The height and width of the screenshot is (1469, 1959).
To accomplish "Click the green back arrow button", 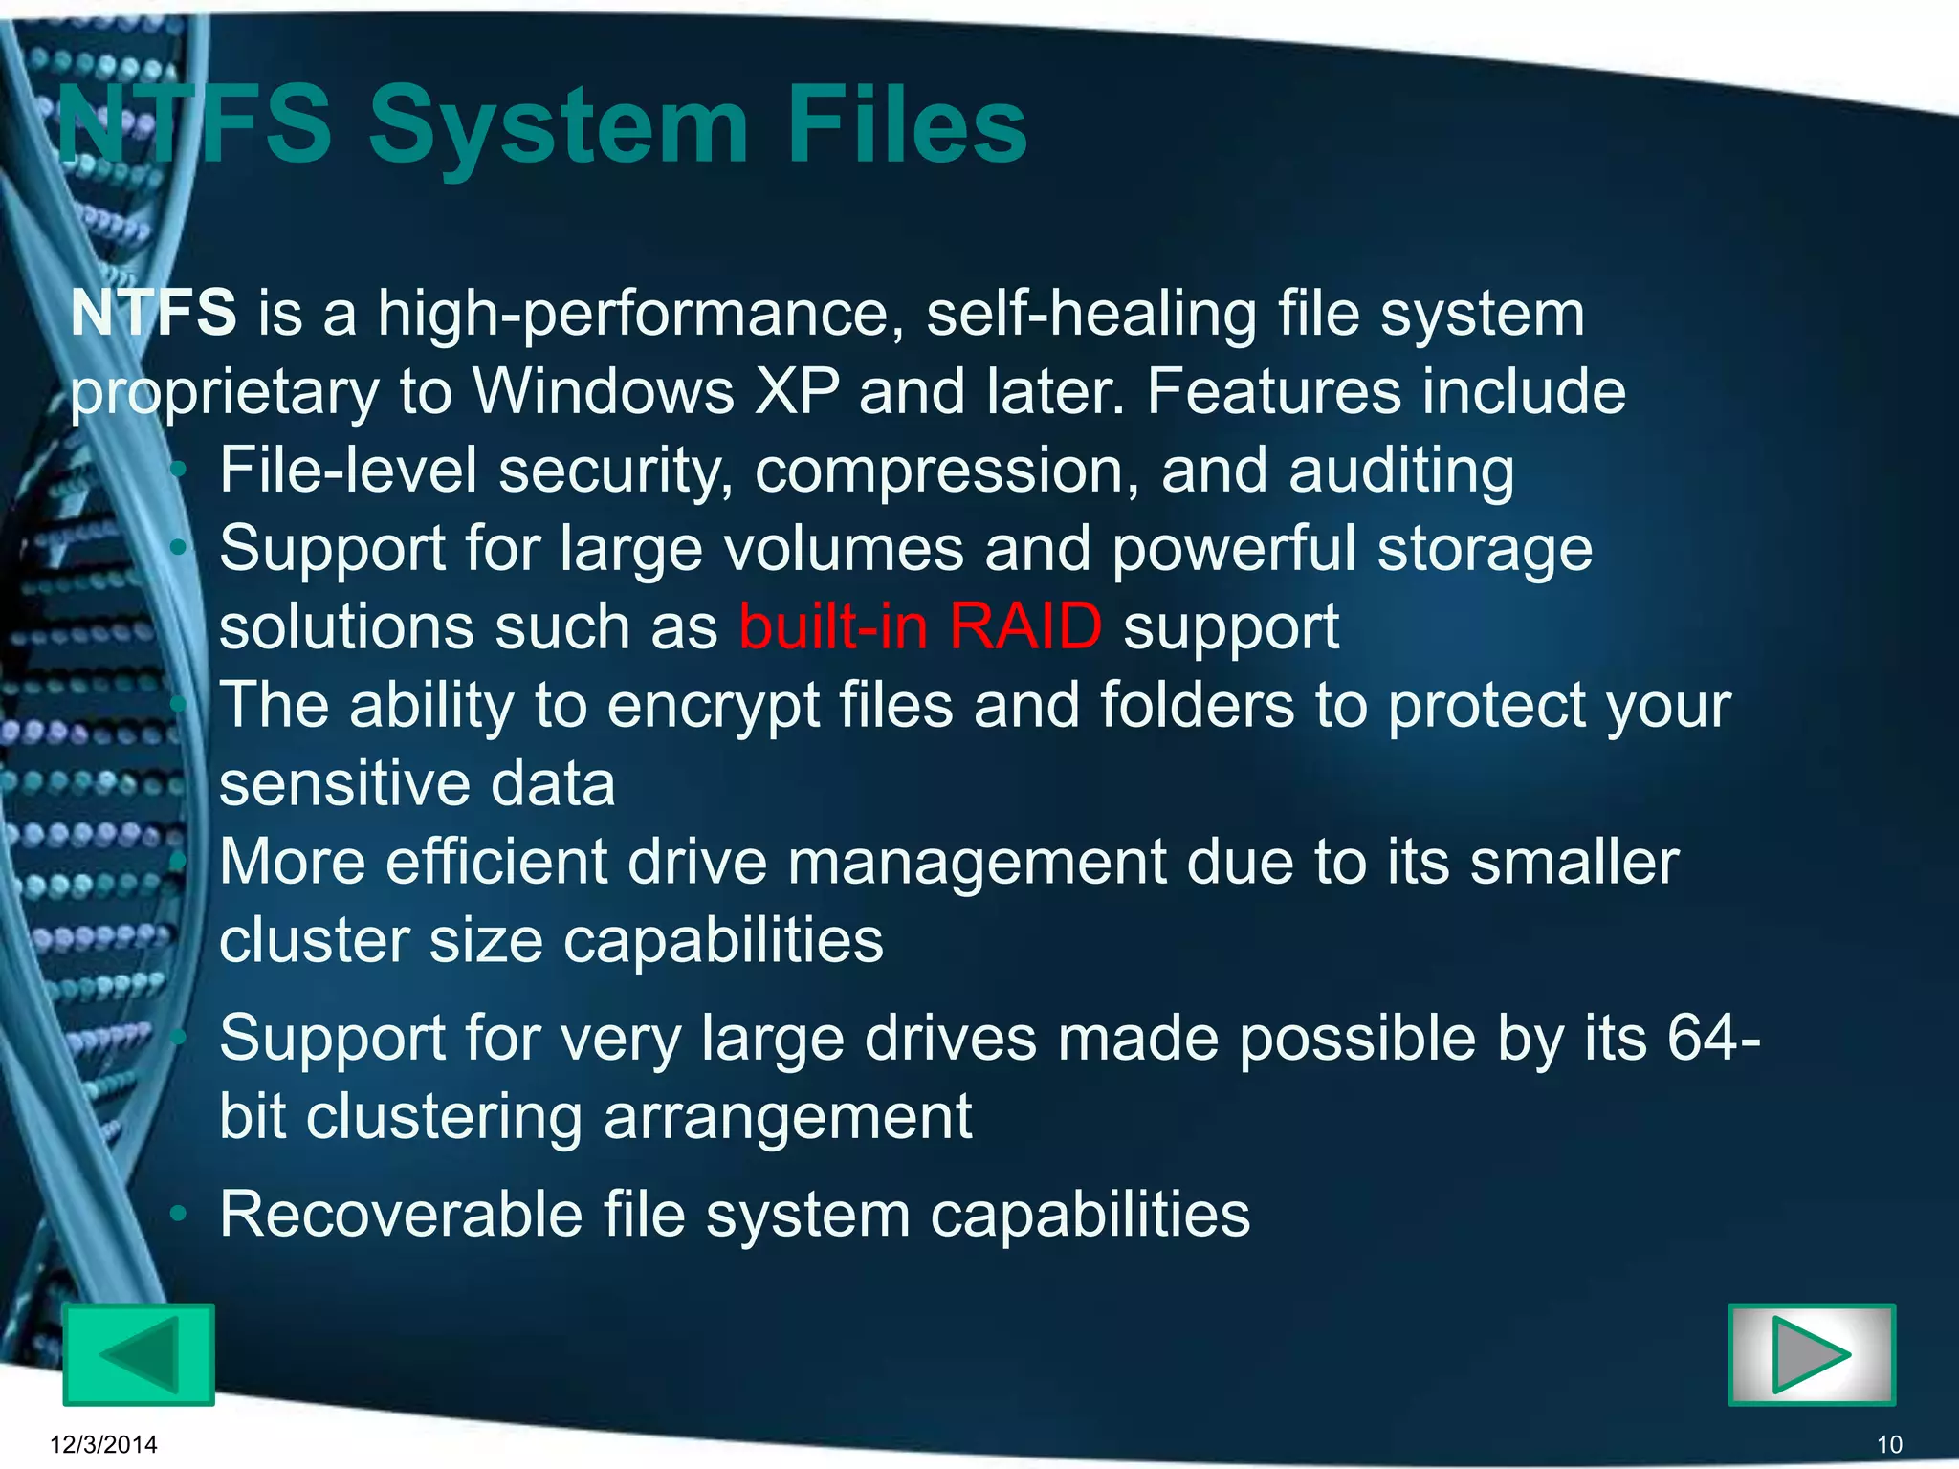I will coord(139,1354).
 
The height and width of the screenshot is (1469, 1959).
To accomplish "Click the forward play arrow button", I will coord(1812,1354).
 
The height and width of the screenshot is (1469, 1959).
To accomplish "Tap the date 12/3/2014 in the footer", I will coord(103,1444).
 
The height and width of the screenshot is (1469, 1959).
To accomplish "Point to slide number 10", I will coord(1889,1444).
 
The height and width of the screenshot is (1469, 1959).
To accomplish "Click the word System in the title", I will coord(559,126).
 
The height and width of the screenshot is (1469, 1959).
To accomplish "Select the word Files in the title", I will coord(907,126).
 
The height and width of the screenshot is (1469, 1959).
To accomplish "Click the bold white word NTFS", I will coord(153,313).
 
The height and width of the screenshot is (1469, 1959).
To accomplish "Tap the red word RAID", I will coord(1025,627).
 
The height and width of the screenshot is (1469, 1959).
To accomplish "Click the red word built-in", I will coord(833,627).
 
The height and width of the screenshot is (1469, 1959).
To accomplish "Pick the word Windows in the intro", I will coord(603,391).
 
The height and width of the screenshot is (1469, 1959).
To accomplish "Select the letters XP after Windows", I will coord(797,391).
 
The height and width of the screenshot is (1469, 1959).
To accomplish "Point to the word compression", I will coord(947,471).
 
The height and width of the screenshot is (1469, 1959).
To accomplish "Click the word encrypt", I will coord(713,706).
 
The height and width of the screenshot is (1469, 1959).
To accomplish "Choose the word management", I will coord(977,863).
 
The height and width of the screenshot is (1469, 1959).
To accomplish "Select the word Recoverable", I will coord(402,1214).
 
